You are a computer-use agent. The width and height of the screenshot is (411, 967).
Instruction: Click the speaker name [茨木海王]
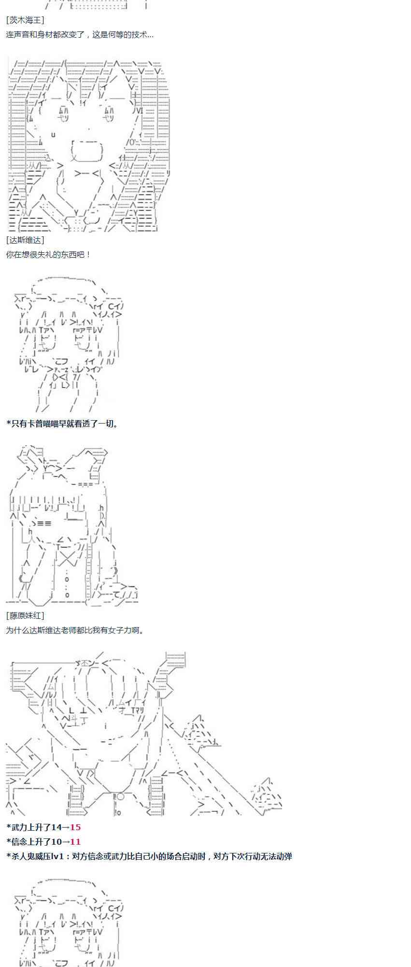click(25, 20)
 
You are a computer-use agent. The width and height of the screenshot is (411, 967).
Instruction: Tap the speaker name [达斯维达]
click(25, 240)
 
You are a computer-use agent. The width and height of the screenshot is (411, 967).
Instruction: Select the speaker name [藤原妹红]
click(25, 615)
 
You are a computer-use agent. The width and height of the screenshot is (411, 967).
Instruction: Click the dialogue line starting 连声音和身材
click(80, 35)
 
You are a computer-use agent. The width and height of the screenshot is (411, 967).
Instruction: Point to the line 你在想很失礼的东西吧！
click(48, 254)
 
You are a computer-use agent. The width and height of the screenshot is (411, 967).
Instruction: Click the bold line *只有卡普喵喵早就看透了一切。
click(62, 424)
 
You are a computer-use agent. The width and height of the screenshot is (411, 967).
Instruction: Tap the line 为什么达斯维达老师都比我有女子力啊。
click(75, 630)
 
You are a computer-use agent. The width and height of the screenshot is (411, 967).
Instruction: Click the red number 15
click(75, 827)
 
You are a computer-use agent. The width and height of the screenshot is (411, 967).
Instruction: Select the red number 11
click(75, 842)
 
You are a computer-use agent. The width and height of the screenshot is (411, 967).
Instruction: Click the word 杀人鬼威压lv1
click(37, 856)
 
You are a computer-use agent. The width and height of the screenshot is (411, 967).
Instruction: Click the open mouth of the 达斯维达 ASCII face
click(87, 151)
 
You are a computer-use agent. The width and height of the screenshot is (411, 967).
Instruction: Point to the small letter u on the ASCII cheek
click(53, 134)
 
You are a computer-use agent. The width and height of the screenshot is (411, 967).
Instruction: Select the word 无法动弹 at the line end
click(276, 856)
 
